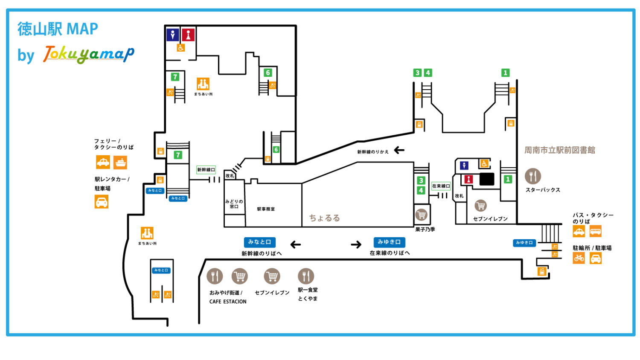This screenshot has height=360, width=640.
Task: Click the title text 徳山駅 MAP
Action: click(58, 29)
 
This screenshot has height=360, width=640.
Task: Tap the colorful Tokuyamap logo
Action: click(89, 54)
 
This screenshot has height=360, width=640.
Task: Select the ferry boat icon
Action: click(120, 163)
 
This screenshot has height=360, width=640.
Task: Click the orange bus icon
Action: click(596, 231)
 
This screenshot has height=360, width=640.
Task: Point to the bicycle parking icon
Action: click(579, 258)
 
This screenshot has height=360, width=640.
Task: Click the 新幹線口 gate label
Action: click(206, 170)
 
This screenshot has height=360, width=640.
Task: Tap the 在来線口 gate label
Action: click(441, 186)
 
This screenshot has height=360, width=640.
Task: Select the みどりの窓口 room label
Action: click(234, 204)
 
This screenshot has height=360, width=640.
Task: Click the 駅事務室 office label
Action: click(266, 209)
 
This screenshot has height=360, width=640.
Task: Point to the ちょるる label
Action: click(324, 218)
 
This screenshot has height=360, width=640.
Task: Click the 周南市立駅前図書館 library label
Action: click(559, 150)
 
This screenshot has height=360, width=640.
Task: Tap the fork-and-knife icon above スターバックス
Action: click(532, 176)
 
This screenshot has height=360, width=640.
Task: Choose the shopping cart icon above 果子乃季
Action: click(422, 215)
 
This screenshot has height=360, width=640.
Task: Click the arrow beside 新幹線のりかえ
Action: click(399, 150)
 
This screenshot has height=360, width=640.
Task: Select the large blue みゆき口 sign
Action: click(389, 242)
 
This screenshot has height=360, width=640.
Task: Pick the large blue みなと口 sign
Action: click(259, 242)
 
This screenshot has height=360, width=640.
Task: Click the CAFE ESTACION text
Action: click(228, 302)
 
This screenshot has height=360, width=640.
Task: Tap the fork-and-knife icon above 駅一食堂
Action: click(305, 276)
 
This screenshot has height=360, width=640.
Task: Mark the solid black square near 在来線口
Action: click(487, 179)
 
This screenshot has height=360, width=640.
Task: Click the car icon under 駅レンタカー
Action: click(102, 201)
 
